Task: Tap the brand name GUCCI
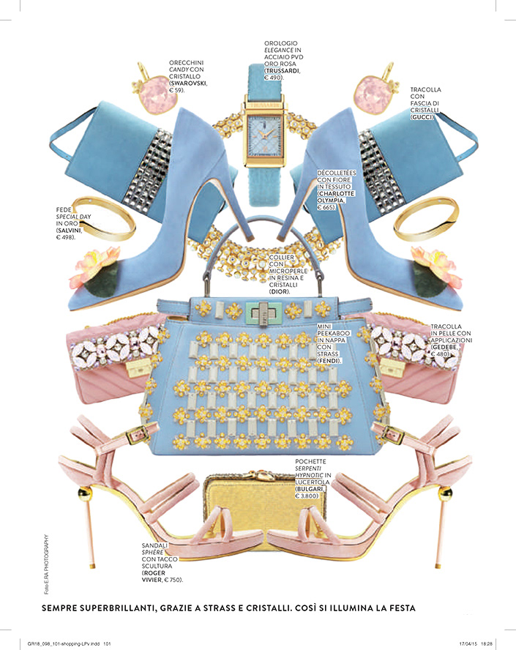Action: point(422,116)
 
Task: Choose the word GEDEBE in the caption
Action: point(445,348)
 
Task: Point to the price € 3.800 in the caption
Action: point(311,496)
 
